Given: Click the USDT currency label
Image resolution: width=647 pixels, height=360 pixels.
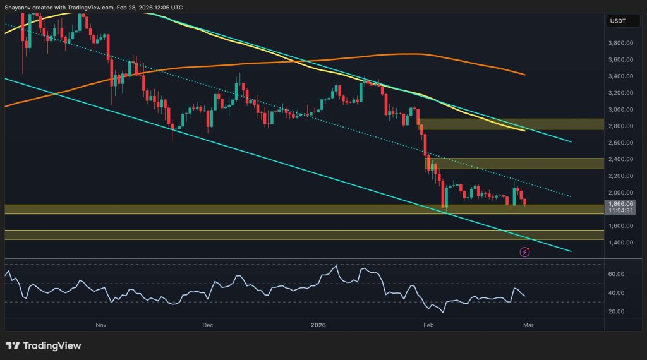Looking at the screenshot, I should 618,21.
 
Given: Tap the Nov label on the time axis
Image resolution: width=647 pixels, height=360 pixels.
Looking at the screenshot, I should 100,326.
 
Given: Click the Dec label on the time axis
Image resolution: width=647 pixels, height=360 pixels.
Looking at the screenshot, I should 208,326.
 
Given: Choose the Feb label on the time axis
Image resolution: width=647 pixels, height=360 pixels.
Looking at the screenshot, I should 428,326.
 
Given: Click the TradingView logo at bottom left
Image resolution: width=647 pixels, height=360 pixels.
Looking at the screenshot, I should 43,345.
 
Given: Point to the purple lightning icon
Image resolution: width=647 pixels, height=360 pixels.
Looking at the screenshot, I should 524,251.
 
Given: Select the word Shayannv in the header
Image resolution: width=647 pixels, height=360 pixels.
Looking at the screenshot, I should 20,7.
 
